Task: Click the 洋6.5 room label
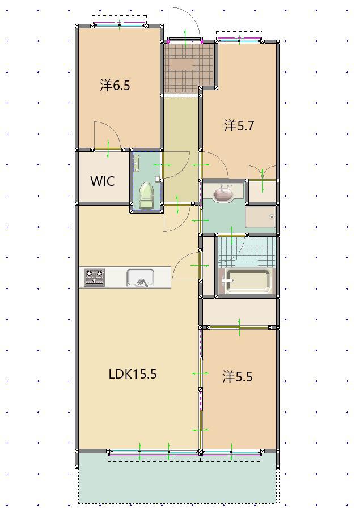point(115,86)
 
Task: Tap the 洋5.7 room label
point(239,126)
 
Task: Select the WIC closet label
point(103,181)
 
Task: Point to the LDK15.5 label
point(133,374)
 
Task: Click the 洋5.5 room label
point(238,377)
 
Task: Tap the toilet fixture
point(147,196)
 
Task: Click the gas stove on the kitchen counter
point(95,278)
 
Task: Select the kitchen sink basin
point(141,278)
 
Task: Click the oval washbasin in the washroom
point(224,194)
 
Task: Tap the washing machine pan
point(260,217)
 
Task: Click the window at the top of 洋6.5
point(120,24)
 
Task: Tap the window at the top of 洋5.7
point(239,40)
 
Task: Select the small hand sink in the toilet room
point(136,163)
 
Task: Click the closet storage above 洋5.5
point(239,312)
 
